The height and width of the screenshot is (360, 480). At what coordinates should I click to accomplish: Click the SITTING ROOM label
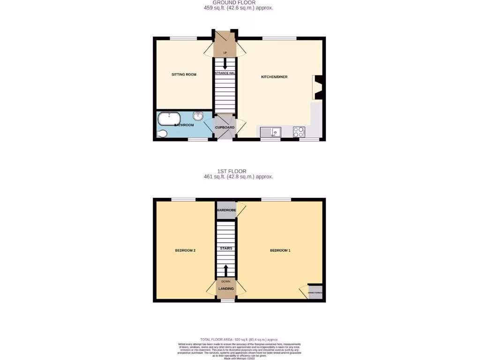184,75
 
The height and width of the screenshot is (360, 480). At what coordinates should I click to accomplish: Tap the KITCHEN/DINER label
274,76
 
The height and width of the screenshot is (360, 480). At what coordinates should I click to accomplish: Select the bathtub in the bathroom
169,119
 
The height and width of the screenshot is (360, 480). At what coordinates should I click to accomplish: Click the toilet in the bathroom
161,135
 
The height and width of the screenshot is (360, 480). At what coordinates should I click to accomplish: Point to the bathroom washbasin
198,116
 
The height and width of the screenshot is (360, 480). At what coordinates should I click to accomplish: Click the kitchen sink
270,132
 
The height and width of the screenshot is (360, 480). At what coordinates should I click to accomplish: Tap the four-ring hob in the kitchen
299,132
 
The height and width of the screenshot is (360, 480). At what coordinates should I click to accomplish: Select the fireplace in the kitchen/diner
317,87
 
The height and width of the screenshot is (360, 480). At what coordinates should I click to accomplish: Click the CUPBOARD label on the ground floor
225,127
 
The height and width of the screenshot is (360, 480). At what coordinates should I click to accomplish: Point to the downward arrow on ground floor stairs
225,64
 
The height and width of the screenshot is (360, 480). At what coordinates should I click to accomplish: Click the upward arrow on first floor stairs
225,271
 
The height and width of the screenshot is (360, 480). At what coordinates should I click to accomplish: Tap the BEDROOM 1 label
280,250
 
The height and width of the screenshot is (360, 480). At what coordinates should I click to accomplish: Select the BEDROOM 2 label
185,250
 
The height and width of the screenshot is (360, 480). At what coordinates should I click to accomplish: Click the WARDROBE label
226,210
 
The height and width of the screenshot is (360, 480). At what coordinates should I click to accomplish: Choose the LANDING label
226,288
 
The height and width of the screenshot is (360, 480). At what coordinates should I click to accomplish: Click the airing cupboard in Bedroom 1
315,292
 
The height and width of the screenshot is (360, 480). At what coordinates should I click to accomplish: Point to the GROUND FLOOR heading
240,3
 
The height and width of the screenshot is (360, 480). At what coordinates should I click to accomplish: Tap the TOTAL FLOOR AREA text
240,339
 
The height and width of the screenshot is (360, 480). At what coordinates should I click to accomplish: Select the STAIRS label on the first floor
226,248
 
